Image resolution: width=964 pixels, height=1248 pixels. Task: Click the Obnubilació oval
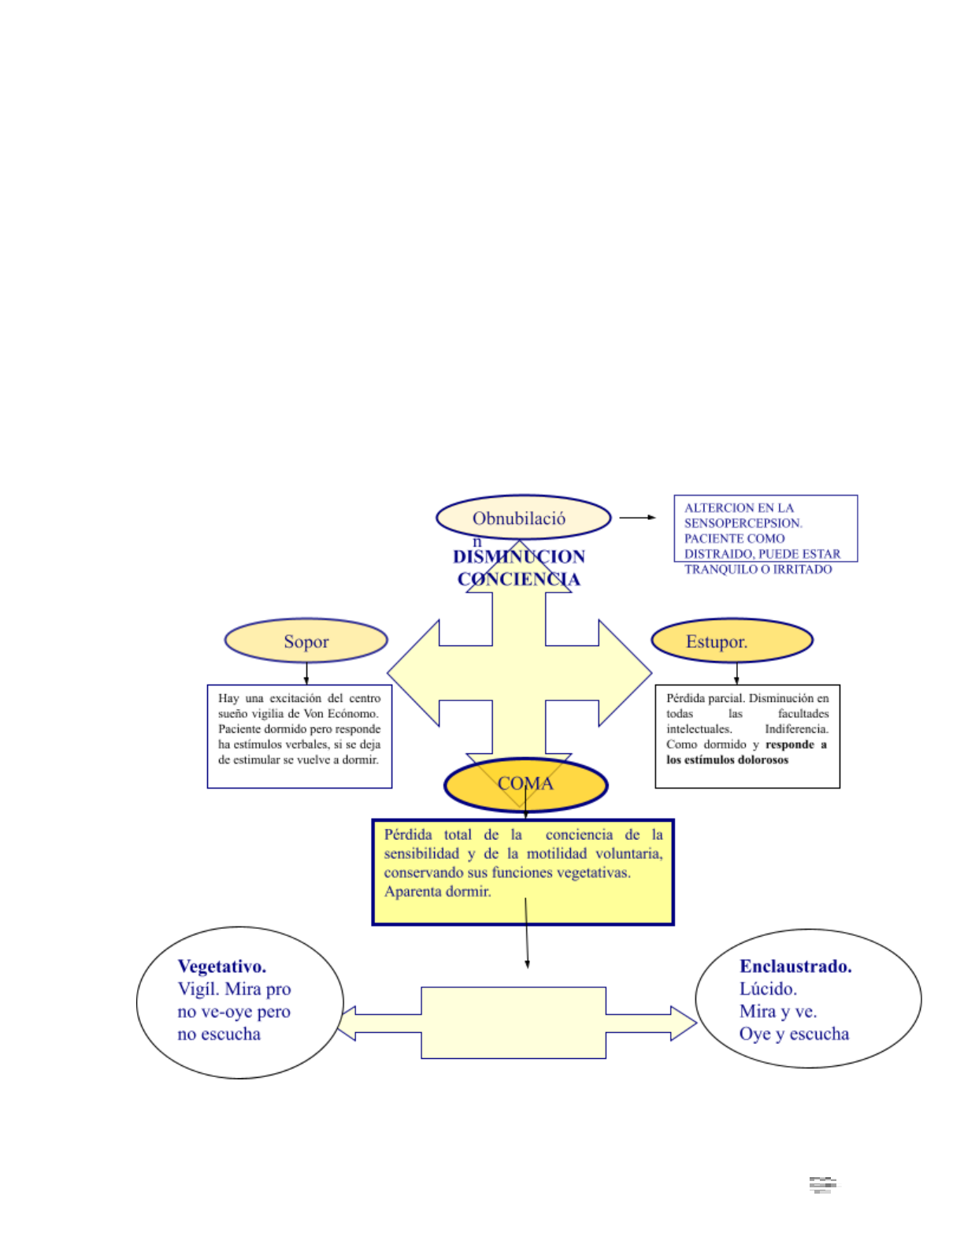point(523,518)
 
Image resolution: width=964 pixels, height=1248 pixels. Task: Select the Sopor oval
point(306,641)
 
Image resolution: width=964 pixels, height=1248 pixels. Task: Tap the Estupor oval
point(732,641)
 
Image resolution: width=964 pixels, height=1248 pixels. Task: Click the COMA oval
point(525,784)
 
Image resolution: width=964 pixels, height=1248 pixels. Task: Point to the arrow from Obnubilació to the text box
point(637,518)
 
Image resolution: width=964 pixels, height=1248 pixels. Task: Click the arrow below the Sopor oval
point(306,674)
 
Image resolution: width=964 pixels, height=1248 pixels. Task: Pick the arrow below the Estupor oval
point(736,674)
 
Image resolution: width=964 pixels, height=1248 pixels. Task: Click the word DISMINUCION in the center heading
point(519,557)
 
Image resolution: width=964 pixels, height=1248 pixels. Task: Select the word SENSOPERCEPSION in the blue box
point(743,523)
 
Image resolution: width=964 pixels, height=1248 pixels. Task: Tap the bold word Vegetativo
point(222,966)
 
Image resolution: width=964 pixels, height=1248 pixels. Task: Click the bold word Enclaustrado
point(795,966)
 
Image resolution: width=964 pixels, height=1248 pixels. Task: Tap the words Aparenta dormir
point(437,892)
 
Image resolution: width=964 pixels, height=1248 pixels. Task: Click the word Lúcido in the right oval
point(768,989)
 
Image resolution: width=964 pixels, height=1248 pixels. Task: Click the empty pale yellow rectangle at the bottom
point(514,1023)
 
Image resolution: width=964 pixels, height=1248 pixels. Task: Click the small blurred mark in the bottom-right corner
point(823,1185)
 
